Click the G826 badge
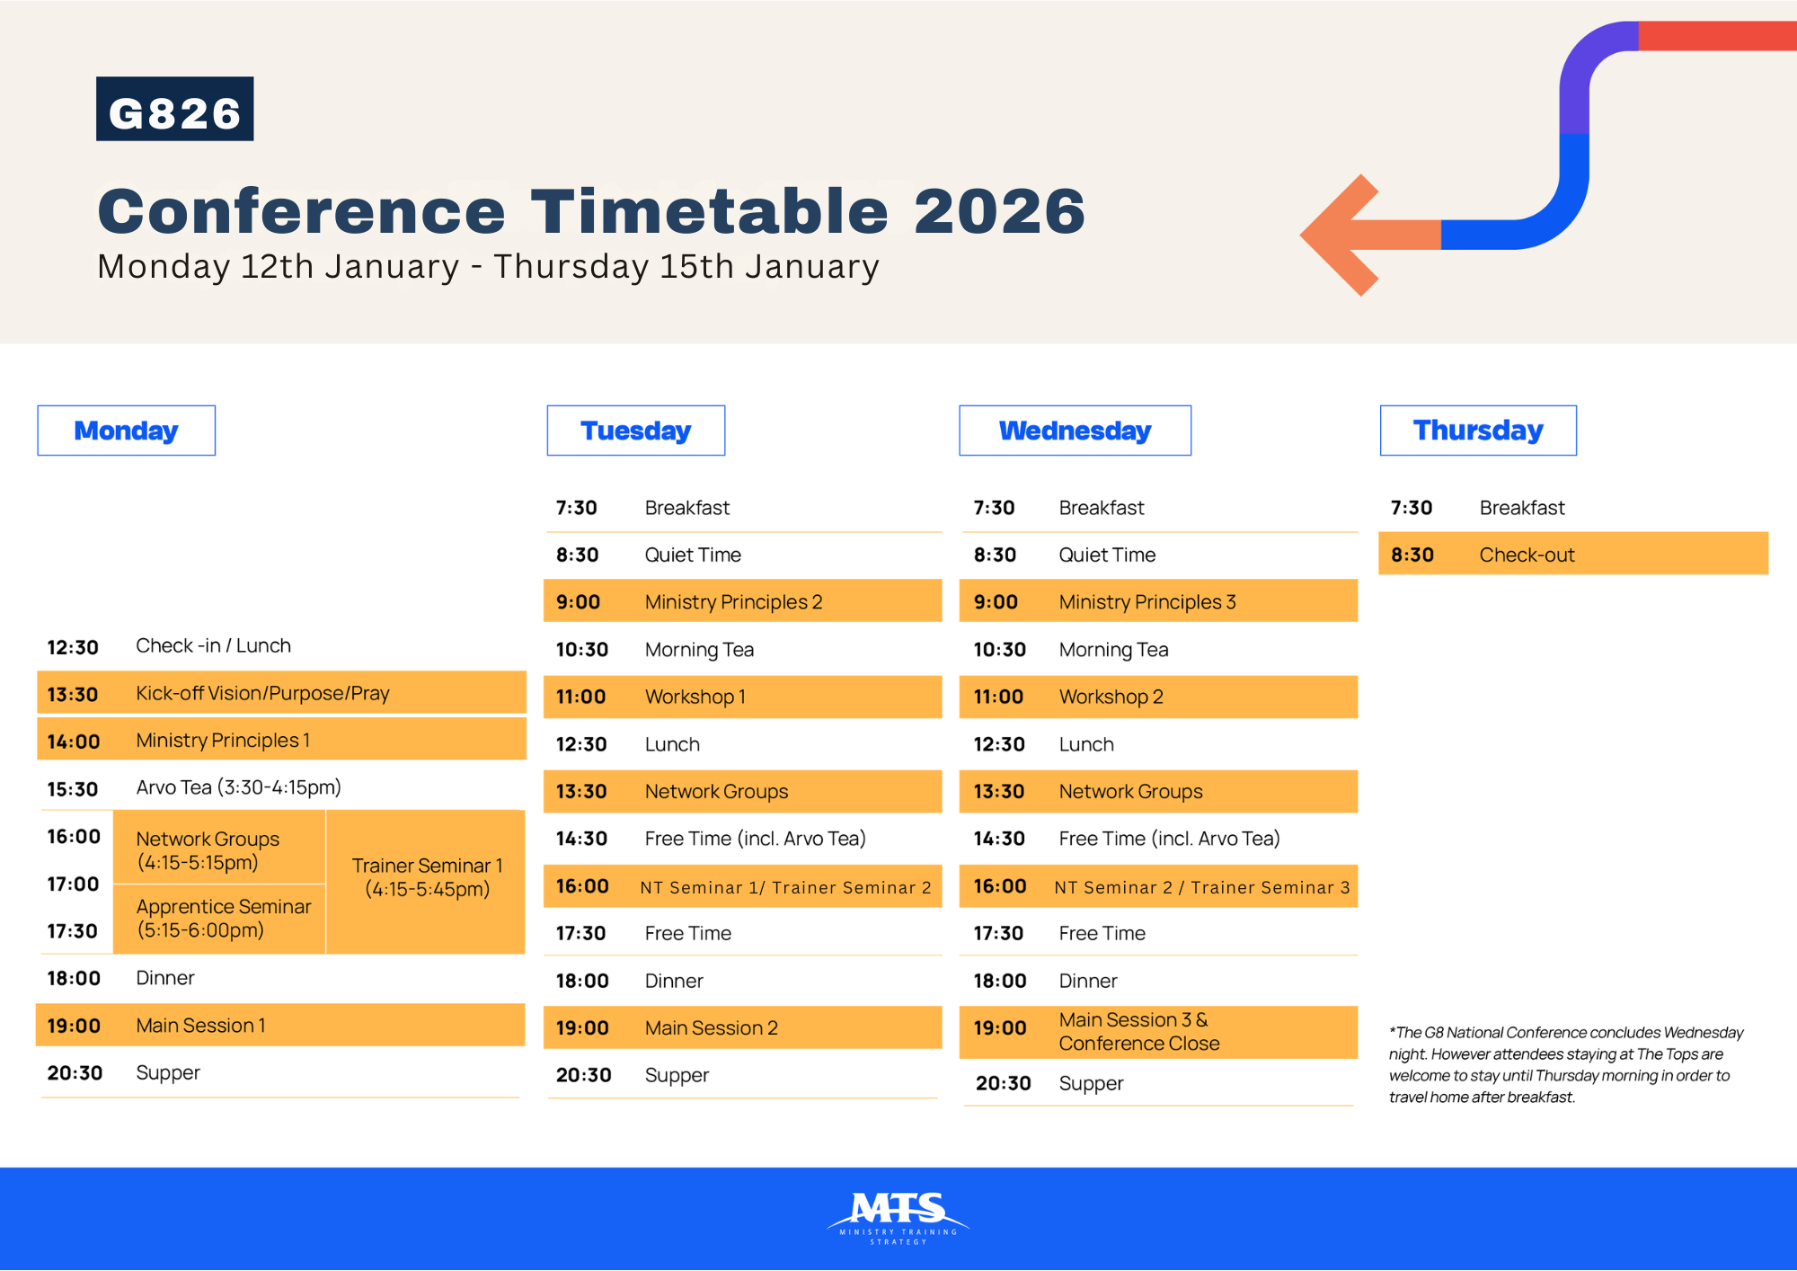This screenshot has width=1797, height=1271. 174,109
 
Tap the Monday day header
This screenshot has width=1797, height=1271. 126,431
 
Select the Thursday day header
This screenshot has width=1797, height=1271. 1478,431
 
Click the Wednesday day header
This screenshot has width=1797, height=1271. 1075,431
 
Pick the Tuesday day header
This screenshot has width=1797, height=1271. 635,431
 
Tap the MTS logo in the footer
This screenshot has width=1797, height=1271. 898,1217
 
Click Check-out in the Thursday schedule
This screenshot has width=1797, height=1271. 1527,555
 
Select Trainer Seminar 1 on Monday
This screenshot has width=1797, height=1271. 427,877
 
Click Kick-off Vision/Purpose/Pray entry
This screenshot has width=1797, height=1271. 262,693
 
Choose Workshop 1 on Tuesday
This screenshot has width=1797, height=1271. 695,697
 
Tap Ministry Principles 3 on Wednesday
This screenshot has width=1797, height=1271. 1147,602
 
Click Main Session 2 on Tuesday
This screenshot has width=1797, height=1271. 711,1027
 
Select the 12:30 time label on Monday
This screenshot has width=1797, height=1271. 73,647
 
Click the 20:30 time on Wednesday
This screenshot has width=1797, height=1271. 1003,1083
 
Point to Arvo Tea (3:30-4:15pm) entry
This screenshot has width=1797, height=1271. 238,787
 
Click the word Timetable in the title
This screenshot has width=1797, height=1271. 710,211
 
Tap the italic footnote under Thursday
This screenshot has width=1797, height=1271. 1565,1064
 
